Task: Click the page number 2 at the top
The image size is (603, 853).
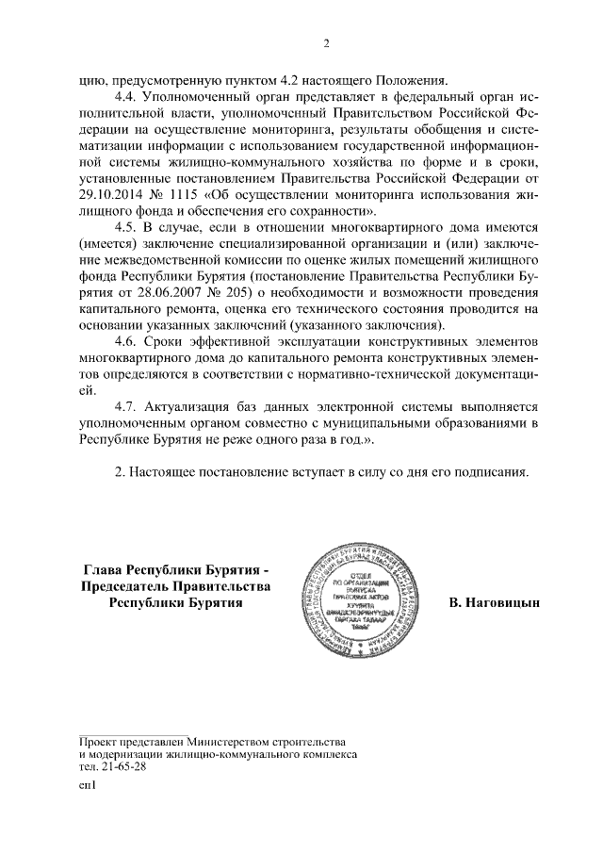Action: [325, 42]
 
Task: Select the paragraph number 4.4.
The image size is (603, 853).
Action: [127, 97]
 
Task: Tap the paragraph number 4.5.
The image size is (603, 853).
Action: [127, 227]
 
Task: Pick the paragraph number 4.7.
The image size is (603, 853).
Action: [127, 406]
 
